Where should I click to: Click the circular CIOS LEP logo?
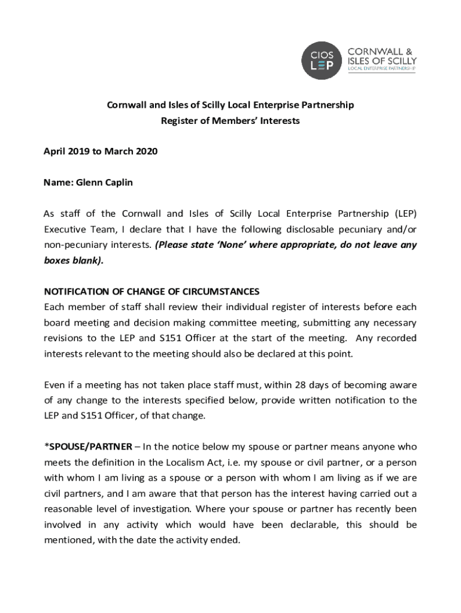click(x=322, y=60)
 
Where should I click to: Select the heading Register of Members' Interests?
click(x=230, y=120)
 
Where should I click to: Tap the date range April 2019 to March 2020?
click(x=101, y=151)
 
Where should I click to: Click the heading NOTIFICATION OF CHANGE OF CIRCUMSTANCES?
click(x=151, y=292)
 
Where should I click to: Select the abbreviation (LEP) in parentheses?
click(x=402, y=214)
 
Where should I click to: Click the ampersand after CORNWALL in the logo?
click(x=412, y=51)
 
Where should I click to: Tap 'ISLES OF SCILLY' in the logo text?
click(x=382, y=61)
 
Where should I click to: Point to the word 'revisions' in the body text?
click(x=63, y=338)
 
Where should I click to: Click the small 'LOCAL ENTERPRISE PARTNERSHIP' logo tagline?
click(x=381, y=70)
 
